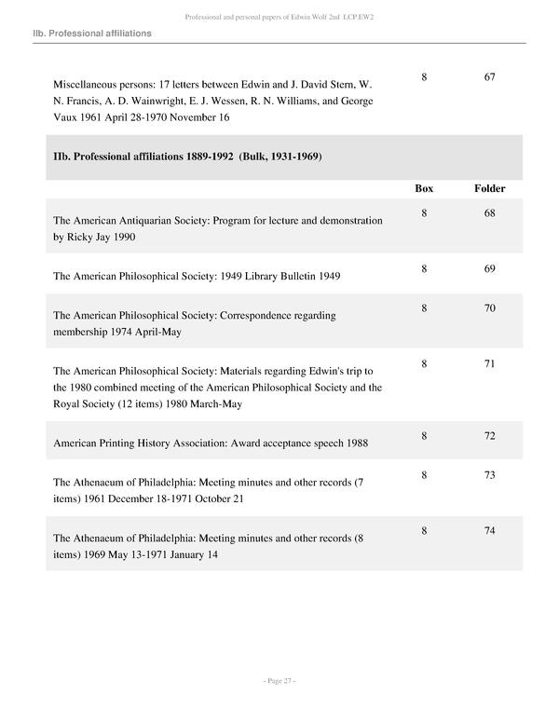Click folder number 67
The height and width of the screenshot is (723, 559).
[x=489, y=76]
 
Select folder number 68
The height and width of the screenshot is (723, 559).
[x=489, y=213]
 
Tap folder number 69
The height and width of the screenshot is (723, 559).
[x=489, y=269]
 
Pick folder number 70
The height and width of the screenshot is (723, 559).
[x=489, y=308]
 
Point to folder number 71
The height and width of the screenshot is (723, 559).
[x=489, y=364]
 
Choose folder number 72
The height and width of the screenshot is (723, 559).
[x=489, y=435]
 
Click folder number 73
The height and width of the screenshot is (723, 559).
[x=489, y=475]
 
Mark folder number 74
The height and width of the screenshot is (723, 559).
[x=489, y=531]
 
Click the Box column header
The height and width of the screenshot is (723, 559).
[x=424, y=188]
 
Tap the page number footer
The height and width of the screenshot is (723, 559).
[x=279, y=681]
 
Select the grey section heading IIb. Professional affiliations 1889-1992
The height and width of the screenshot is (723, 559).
[x=187, y=157]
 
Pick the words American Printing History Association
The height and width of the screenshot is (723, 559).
[x=140, y=443]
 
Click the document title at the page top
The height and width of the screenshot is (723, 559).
[x=279, y=17]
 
